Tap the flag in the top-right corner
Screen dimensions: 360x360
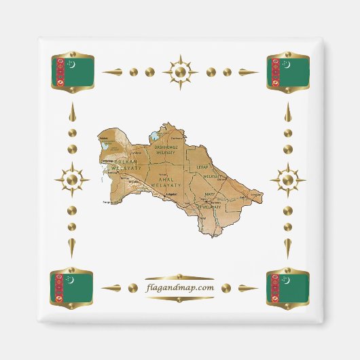[288, 71]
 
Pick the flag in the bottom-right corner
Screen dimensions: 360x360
[288, 287]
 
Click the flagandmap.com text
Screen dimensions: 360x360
[180, 287]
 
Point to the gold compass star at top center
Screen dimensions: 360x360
[180, 71]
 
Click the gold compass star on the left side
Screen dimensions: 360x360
[72, 180]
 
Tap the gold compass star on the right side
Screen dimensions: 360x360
[288, 180]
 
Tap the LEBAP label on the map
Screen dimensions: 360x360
[202, 166]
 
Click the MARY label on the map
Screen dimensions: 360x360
[210, 194]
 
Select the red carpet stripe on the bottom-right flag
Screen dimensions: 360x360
[275, 287]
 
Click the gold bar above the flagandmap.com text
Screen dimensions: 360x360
[180, 276]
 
